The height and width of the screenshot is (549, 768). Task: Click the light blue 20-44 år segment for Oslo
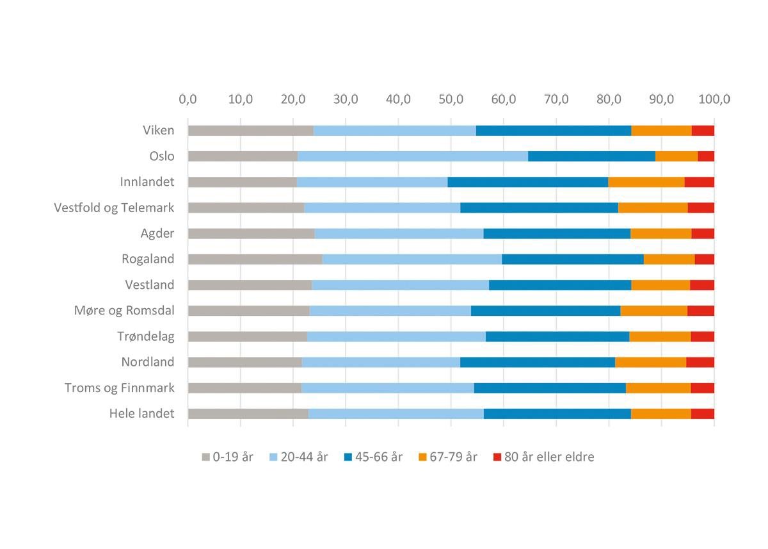[412, 156]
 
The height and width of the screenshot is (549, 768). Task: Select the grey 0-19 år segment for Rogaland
[255, 259]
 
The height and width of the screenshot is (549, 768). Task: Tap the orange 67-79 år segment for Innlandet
[646, 182]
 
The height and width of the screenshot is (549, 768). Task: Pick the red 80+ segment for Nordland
[700, 362]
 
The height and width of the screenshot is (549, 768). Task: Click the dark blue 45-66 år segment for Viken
[554, 131]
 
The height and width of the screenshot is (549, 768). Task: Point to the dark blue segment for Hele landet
[557, 413]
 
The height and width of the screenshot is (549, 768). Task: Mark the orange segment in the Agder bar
[660, 233]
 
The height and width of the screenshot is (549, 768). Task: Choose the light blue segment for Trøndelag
[396, 336]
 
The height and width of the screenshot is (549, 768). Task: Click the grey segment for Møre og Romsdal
[248, 311]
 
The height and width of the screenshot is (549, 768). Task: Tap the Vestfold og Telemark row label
[114, 208]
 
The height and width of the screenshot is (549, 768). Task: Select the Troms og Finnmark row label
[119, 388]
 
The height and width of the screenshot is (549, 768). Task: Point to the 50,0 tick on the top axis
[451, 99]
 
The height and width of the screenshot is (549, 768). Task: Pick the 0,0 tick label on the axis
[188, 99]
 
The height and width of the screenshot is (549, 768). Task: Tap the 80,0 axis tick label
[609, 99]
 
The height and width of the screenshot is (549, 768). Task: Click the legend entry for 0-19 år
[228, 457]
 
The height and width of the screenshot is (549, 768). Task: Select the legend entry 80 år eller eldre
[543, 457]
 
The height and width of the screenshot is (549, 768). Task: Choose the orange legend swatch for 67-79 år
[423, 457]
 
